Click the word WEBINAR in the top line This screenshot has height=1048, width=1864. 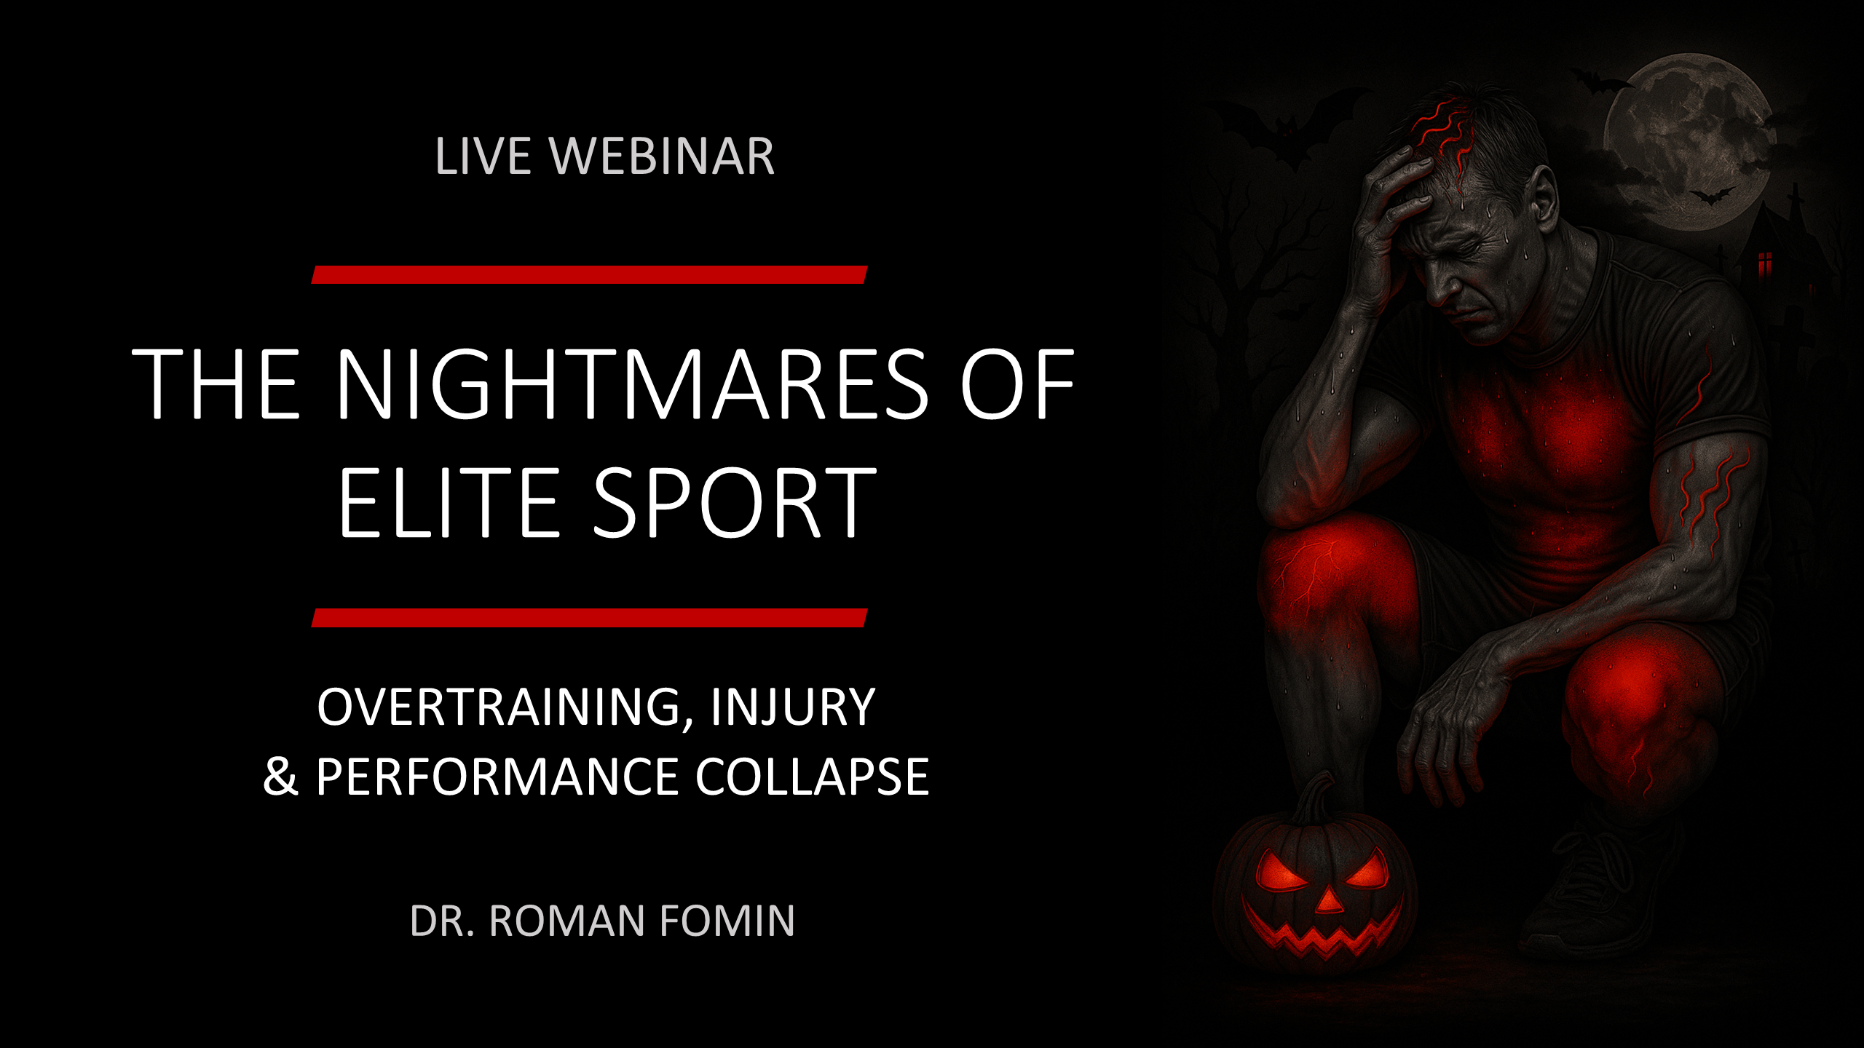click(662, 156)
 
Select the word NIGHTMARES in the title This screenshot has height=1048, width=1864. click(631, 384)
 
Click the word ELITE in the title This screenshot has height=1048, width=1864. click(448, 503)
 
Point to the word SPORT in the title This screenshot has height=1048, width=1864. click(735, 503)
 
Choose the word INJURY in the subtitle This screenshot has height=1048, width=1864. click(793, 707)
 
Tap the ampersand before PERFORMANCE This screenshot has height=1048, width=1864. click(280, 777)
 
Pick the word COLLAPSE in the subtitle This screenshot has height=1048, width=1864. click(812, 777)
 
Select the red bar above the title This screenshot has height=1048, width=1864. click(589, 274)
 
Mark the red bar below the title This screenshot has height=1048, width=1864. click(589, 618)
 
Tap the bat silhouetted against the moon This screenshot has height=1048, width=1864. click(1710, 195)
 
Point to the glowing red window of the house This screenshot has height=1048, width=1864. click(1764, 264)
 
